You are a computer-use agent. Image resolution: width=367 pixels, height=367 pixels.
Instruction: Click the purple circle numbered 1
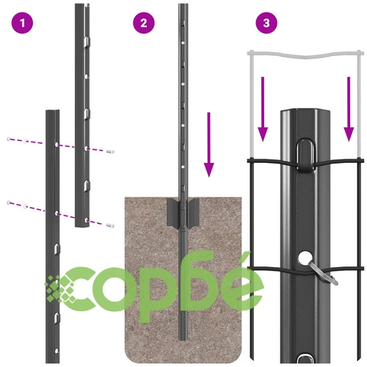[x=22, y=23]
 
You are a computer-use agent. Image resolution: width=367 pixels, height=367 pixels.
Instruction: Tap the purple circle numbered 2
[x=144, y=23]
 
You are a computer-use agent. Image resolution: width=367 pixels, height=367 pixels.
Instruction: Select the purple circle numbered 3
[x=266, y=23]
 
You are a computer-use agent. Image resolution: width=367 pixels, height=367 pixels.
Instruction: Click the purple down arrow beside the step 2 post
[x=208, y=145]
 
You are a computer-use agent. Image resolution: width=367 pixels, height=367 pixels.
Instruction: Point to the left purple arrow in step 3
[x=263, y=109]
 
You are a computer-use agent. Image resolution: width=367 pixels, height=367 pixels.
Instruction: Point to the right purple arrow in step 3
[x=349, y=109]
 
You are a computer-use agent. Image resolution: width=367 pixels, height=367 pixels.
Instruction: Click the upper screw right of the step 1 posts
[x=110, y=152]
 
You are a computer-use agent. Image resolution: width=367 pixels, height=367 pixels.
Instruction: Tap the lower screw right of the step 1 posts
[x=110, y=225]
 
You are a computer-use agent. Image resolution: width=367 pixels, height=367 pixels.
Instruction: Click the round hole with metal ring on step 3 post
[x=304, y=258]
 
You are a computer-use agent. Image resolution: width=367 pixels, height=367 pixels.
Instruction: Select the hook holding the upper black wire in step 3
[x=305, y=155]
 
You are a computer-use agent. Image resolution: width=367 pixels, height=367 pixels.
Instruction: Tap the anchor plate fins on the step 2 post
[x=183, y=212]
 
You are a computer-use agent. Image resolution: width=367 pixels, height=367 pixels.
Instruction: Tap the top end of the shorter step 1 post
[x=53, y=111]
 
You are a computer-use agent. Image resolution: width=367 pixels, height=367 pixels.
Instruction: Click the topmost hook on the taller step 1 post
[x=87, y=42]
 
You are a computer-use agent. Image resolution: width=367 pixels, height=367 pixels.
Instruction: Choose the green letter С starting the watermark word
[x=81, y=288]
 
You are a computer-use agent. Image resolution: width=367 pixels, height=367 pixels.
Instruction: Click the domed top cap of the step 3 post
[x=305, y=112]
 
